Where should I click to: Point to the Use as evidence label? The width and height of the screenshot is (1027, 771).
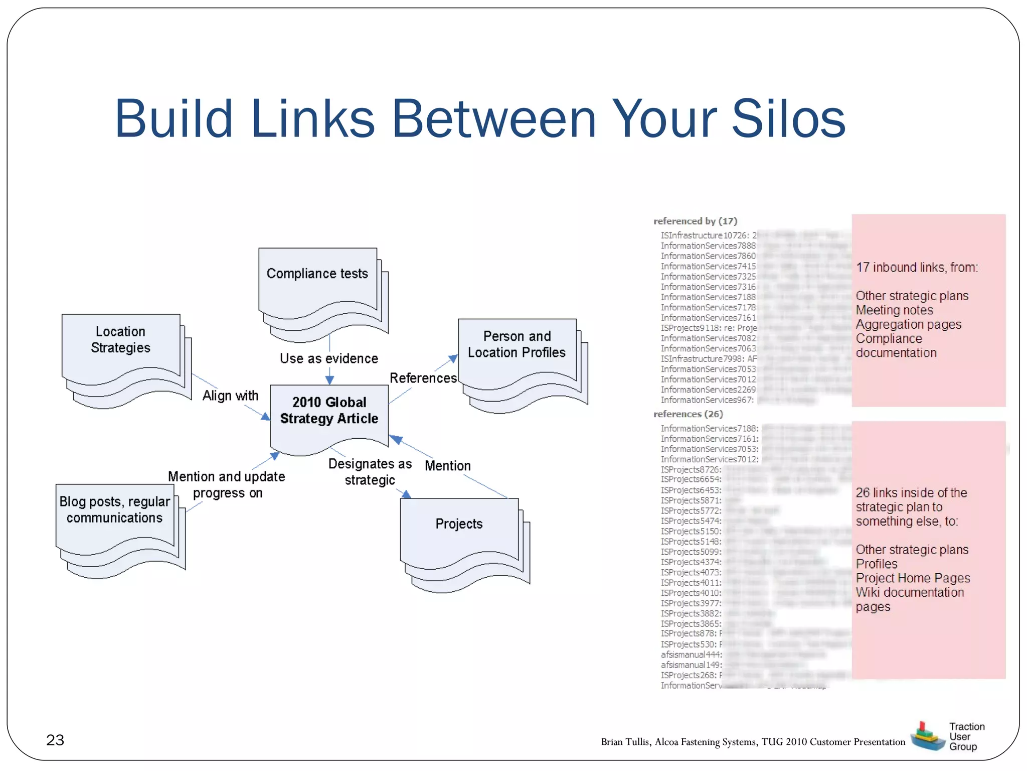click(329, 358)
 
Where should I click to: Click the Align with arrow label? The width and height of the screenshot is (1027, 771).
click(230, 396)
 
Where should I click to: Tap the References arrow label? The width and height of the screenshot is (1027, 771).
click(423, 378)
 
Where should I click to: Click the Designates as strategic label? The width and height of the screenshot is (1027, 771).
click(370, 472)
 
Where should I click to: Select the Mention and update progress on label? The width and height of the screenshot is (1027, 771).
click(227, 484)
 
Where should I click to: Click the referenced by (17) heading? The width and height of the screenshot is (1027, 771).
click(695, 221)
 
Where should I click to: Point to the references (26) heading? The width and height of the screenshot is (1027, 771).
click(688, 414)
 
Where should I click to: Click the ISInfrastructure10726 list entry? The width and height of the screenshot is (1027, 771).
click(705, 235)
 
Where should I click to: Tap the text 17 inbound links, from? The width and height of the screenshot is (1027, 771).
click(917, 268)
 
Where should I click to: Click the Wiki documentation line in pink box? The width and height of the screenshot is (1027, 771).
click(910, 593)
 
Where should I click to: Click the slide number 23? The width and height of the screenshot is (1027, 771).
click(55, 740)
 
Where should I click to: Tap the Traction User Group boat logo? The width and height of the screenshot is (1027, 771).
click(927, 736)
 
